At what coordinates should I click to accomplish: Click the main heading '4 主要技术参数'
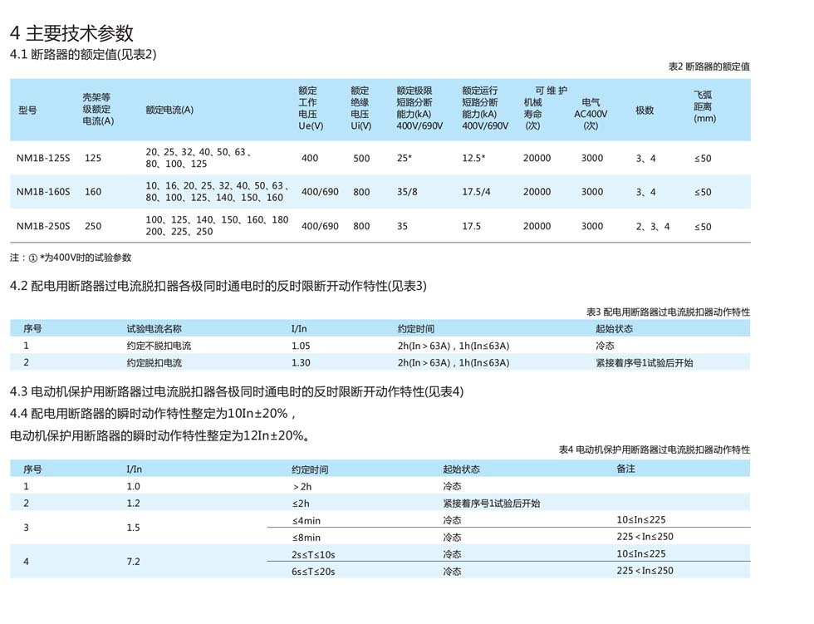[71, 33]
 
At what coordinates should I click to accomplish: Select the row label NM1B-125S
[43, 158]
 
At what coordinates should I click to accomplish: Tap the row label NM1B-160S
[43, 192]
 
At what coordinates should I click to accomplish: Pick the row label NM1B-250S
[43, 226]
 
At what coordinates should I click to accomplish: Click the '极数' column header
[645, 111]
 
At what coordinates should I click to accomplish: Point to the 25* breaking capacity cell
[405, 158]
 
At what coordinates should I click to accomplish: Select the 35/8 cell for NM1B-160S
[408, 192]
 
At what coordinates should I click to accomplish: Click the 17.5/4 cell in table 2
[477, 192]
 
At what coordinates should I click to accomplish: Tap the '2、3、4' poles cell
[653, 226]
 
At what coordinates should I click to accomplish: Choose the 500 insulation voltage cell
[361, 158]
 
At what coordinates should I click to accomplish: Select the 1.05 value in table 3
[301, 346]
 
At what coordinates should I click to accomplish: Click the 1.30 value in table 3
[301, 363]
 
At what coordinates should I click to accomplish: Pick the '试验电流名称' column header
[154, 329]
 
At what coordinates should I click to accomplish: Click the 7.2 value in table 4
[133, 563]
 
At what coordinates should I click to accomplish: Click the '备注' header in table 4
[626, 469]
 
